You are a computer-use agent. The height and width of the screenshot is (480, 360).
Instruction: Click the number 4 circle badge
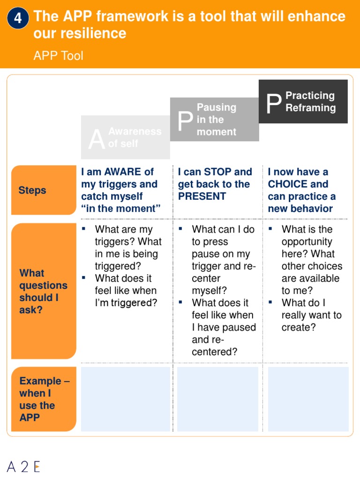click(x=18, y=18)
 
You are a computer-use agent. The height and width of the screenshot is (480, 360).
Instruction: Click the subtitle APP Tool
click(x=58, y=56)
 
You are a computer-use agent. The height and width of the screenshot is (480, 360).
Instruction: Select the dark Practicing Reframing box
click(x=303, y=102)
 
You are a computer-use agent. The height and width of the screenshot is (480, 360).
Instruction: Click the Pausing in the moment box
click(x=214, y=120)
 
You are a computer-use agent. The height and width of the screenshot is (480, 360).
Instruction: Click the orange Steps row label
click(x=43, y=190)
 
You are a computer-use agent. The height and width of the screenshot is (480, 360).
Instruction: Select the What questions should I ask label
click(x=43, y=291)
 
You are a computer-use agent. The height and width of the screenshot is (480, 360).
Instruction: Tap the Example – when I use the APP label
click(x=43, y=399)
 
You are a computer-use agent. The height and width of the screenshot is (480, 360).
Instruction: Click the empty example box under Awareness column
click(x=125, y=399)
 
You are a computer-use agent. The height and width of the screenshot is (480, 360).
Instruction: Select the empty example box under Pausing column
click(x=217, y=399)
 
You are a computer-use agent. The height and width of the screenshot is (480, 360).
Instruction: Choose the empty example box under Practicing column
click(x=308, y=399)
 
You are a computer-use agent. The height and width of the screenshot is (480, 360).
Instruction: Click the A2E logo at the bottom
click(x=24, y=466)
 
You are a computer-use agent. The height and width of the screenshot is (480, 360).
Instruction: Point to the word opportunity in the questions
click(x=307, y=242)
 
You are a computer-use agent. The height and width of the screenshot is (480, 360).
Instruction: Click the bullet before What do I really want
click(x=271, y=301)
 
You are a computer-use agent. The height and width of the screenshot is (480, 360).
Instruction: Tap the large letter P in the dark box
click(x=273, y=104)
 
